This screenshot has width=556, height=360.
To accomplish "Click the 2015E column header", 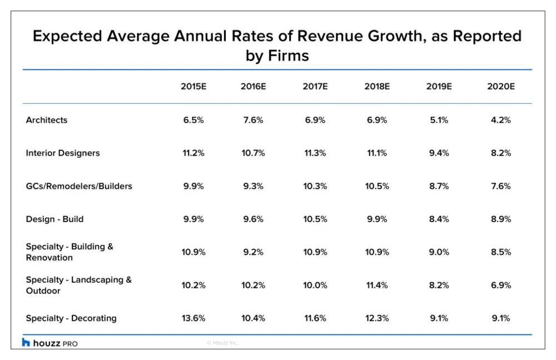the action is click(x=193, y=87).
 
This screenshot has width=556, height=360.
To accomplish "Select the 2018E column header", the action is click(x=377, y=87).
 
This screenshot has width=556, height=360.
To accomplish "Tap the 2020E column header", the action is click(x=501, y=87).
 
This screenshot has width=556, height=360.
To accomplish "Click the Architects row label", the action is click(x=47, y=120).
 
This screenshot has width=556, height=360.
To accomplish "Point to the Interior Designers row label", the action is click(x=63, y=153).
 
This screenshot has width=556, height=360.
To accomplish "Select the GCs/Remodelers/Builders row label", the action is click(x=79, y=186).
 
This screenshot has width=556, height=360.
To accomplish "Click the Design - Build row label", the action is click(x=54, y=219).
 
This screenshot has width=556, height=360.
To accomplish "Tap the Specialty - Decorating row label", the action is click(x=71, y=318).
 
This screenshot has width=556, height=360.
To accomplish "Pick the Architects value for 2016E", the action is click(x=253, y=120).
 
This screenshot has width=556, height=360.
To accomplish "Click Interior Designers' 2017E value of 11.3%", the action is click(x=315, y=153).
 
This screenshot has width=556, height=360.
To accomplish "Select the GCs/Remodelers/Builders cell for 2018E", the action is click(x=377, y=186).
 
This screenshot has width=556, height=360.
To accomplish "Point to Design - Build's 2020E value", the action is click(x=501, y=219).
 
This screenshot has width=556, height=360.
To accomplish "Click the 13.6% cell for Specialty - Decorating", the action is click(x=193, y=318).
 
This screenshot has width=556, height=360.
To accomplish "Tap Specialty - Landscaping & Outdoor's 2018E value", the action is click(x=377, y=285).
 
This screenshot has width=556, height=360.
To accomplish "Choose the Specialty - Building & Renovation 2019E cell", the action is click(x=439, y=252).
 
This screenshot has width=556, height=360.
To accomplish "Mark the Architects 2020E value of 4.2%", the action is click(x=501, y=120).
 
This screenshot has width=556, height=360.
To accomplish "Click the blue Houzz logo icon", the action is click(x=26, y=342).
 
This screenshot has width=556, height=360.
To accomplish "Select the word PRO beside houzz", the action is click(x=70, y=344).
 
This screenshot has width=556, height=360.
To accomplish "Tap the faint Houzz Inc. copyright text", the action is click(x=222, y=343).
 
